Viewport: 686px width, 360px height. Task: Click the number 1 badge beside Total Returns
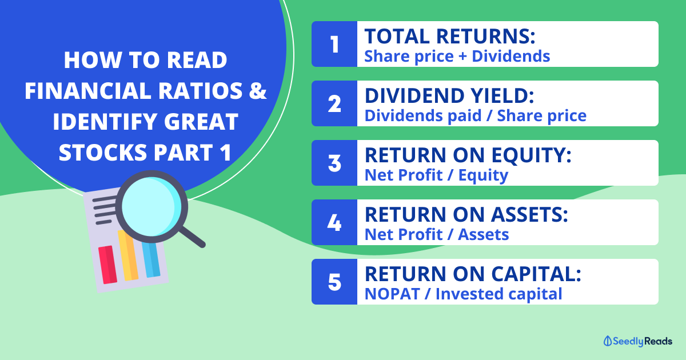coord(334,44)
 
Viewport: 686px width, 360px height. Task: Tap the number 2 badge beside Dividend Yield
coord(334,103)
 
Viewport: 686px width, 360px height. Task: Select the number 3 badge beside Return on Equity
coord(334,163)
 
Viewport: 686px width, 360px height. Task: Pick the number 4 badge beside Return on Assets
coord(334,222)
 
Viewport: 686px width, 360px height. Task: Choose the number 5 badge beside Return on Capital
coord(334,282)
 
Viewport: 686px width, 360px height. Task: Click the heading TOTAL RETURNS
coord(450,36)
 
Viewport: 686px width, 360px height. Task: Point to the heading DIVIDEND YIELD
coord(449,95)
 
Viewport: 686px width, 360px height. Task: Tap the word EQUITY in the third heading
coord(531,155)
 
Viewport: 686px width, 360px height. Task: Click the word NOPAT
coord(392,294)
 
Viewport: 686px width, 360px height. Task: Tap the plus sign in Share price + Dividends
coord(462,57)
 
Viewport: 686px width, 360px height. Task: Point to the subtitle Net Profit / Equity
coord(436,175)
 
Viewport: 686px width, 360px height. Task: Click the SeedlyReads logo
coord(638,341)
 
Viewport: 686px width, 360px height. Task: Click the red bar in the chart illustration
coord(107,265)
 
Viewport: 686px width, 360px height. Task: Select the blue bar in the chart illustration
coord(151,260)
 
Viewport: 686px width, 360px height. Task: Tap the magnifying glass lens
coord(151,207)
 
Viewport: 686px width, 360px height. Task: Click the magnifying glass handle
coord(192,237)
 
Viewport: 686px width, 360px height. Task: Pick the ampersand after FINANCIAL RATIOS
coord(258,91)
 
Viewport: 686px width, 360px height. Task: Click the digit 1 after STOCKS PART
coord(225,153)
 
